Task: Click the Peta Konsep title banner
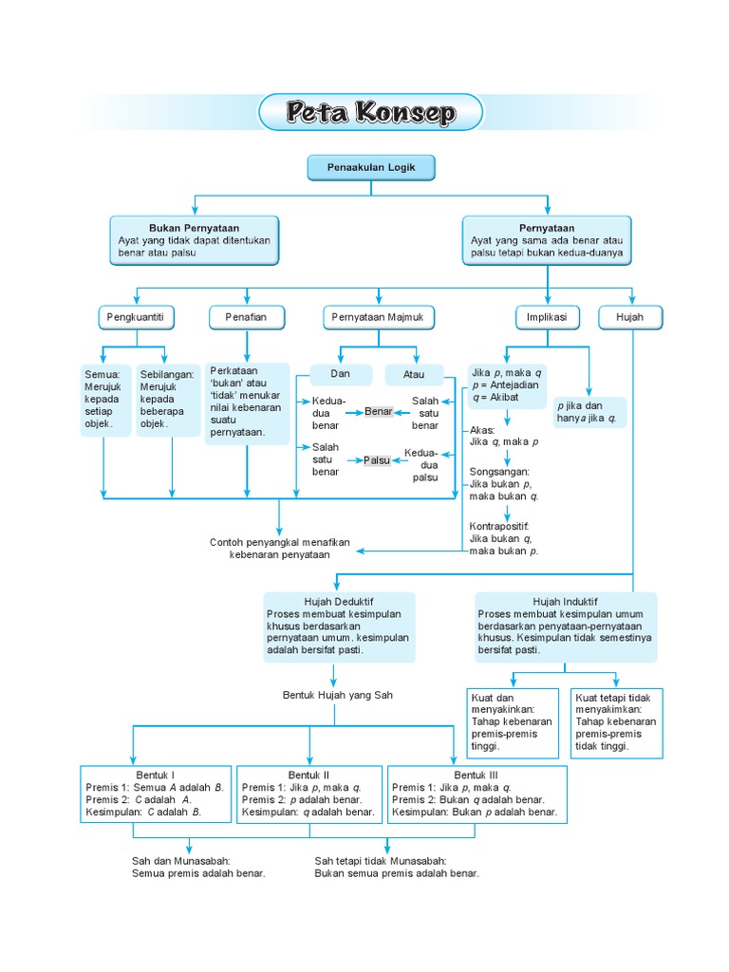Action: [370, 113]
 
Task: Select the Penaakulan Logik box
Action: [370, 168]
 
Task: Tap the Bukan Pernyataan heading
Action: [194, 229]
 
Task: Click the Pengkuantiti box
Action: [137, 317]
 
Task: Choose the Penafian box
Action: [246, 317]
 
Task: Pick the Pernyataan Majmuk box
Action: [378, 317]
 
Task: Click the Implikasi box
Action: [548, 317]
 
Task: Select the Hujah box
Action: [630, 317]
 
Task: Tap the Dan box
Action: [340, 374]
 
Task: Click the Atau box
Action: [414, 374]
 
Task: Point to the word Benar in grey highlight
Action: [379, 411]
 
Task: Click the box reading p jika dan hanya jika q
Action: [589, 412]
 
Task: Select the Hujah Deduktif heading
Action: [339, 602]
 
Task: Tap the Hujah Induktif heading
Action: [566, 602]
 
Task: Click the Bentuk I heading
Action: [156, 775]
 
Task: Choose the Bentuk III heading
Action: [477, 775]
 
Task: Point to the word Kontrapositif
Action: [499, 526]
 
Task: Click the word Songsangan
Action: [499, 471]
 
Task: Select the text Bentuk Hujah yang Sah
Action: [338, 695]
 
